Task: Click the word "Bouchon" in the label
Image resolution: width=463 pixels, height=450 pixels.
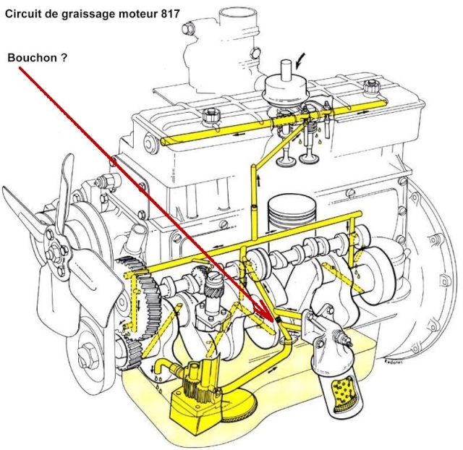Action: (x=32, y=57)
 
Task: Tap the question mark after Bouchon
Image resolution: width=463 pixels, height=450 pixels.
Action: (x=64, y=57)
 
